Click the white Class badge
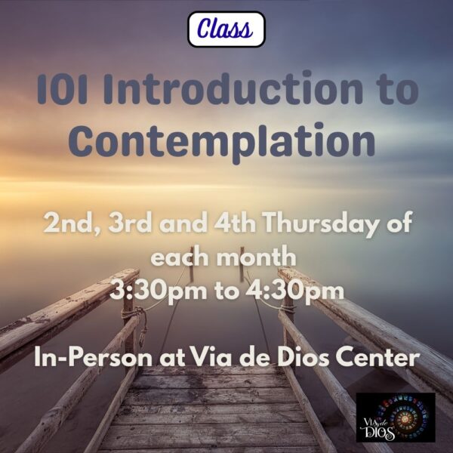[x=226, y=29]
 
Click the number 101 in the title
[x=62, y=89]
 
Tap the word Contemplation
[x=221, y=142]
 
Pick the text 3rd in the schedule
[x=131, y=223]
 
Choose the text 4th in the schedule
[x=235, y=223]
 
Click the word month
[x=257, y=257]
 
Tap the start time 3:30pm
[x=159, y=291]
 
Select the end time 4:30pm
[x=295, y=291]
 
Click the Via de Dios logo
[x=396, y=417]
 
